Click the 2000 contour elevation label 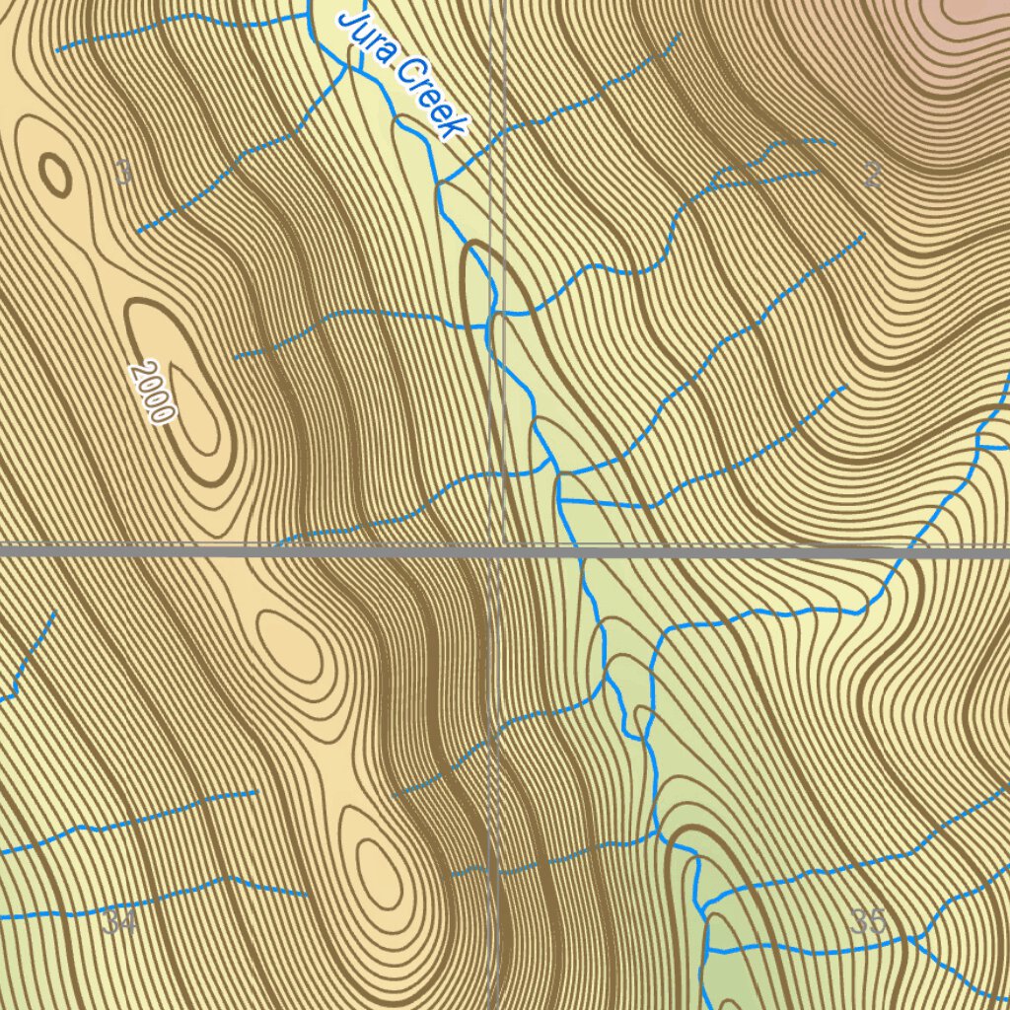[153, 392]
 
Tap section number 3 [122, 174]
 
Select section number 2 [872, 176]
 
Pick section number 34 [118, 923]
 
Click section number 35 [868, 922]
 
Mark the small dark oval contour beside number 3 [55, 177]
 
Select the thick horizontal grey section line [247, 552]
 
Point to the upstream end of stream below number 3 [138, 231]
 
